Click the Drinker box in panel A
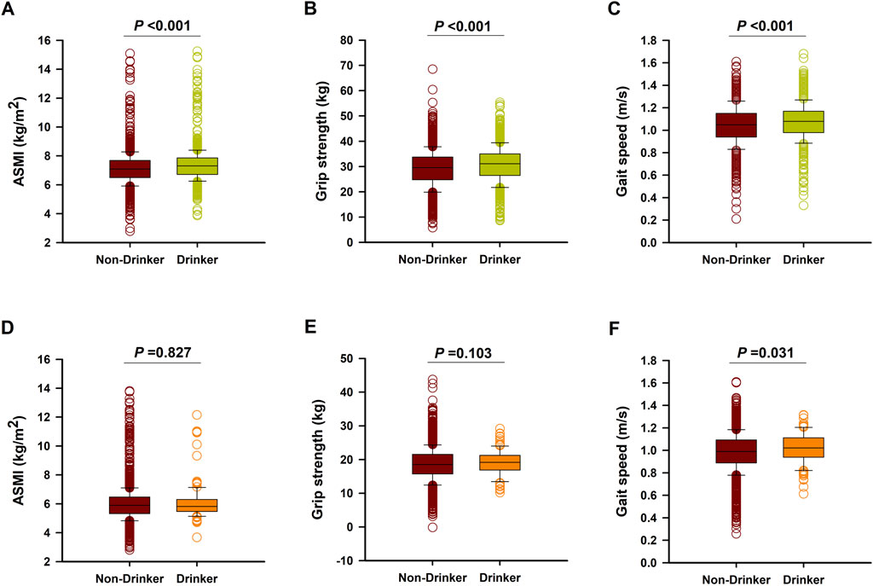click(x=197, y=165)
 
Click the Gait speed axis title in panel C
click(x=632, y=141)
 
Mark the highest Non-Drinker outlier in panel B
click(x=432, y=69)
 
